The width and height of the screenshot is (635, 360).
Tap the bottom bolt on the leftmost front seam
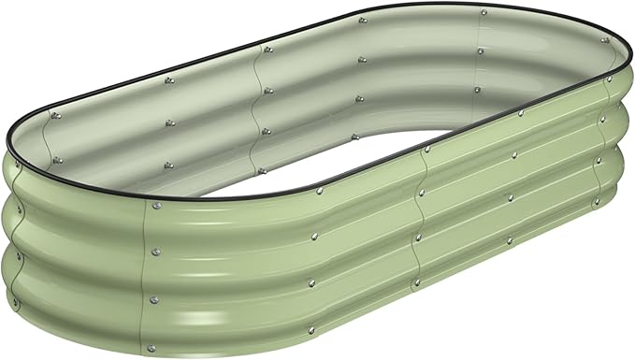(x=154, y=299)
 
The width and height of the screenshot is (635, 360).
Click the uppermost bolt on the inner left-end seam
(x=54, y=115)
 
